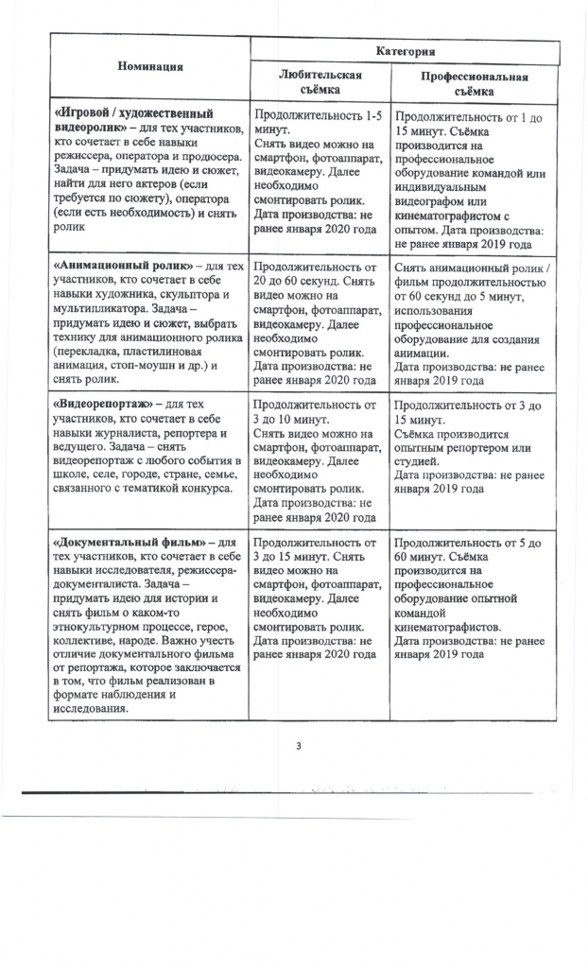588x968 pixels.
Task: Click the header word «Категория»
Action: click(x=404, y=49)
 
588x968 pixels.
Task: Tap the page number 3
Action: click(x=299, y=748)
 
